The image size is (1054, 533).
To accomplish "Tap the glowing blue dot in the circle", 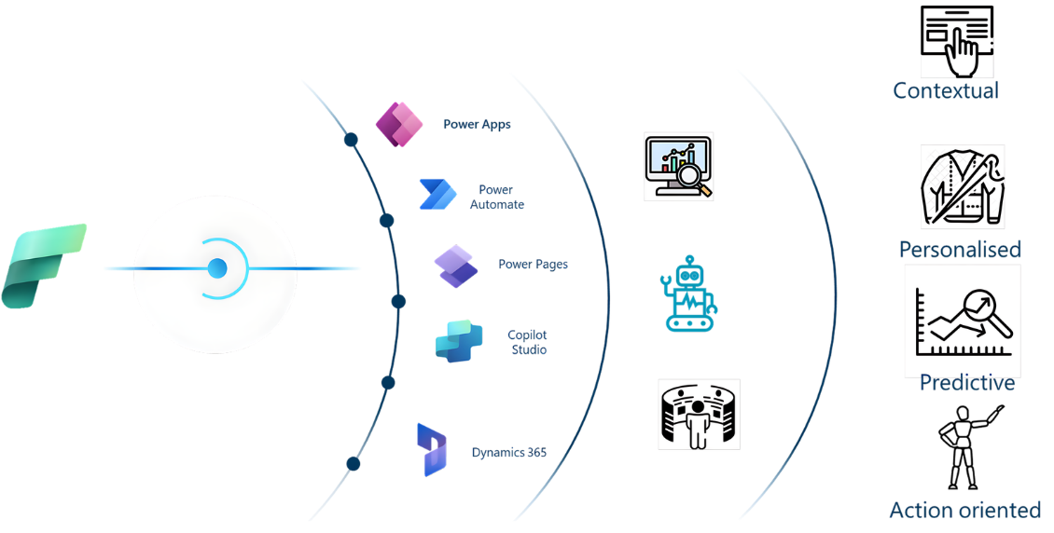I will pyautogui.click(x=217, y=268).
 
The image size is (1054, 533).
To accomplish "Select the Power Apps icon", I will pyautogui.click(x=398, y=124).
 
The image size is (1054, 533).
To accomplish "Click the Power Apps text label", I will pyautogui.click(x=477, y=124).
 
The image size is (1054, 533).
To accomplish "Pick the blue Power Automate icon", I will pyautogui.click(x=437, y=195).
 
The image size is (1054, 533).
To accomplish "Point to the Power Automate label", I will pyautogui.click(x=496, y=197).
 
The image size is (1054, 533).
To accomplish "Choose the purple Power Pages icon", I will pyautogui.click(x=455, y=266).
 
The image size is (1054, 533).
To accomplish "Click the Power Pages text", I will pyautogui.click(x=533, y=265).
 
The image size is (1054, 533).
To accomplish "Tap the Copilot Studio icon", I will pyautogui.click(x=459, y=342).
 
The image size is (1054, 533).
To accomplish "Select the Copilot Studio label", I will pyautogui.click(x=527, y=342).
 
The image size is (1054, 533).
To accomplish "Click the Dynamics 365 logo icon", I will pyautogui.click(x=431, y=450).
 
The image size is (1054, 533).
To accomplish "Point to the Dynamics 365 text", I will pyautogui.click(x=508, y=453).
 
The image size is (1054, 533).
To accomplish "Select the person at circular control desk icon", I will pyautogui.click(x=699, y=414).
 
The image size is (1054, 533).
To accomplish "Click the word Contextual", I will pyautogui.click(x=945, y=90).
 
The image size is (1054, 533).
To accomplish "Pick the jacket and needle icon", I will pyautogui.click(x=962, y=186).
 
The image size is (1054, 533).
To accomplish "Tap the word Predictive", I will pyautogui.click(x=966, y=383).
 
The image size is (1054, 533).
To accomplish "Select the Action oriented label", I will pyautogui.click(x=964, y=511).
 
